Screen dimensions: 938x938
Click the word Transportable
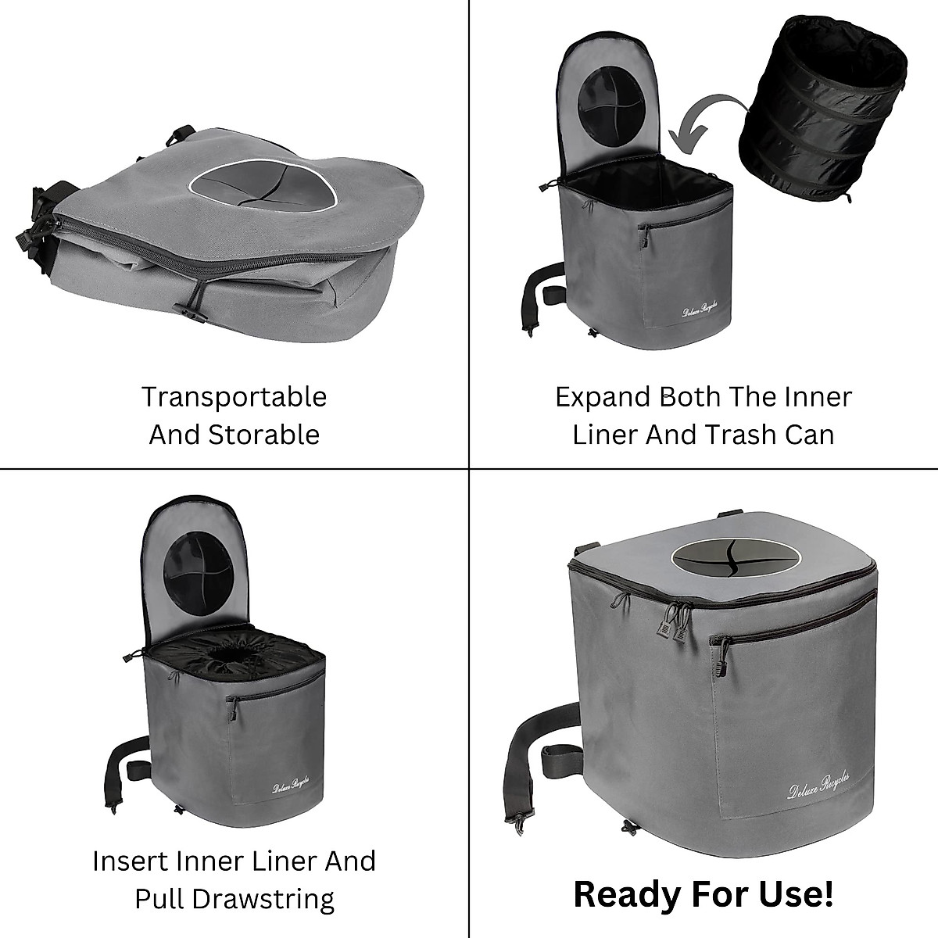pos(234,397)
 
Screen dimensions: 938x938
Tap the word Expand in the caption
pos(603,397)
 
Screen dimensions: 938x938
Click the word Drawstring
pos(234,899)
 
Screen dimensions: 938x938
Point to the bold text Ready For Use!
pos(703,894)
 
